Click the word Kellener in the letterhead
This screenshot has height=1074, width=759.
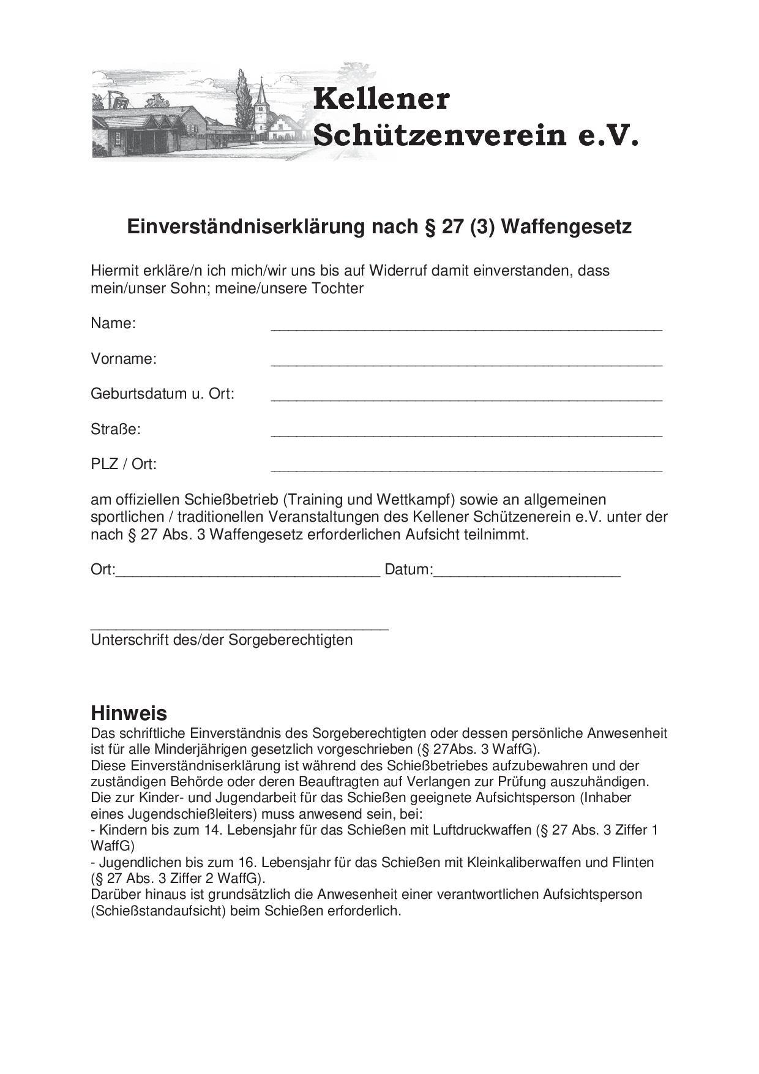[381, 99]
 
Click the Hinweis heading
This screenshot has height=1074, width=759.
[129, 713]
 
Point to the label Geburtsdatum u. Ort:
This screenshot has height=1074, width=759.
[162, 393]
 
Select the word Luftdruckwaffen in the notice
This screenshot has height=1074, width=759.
[482, 830]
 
